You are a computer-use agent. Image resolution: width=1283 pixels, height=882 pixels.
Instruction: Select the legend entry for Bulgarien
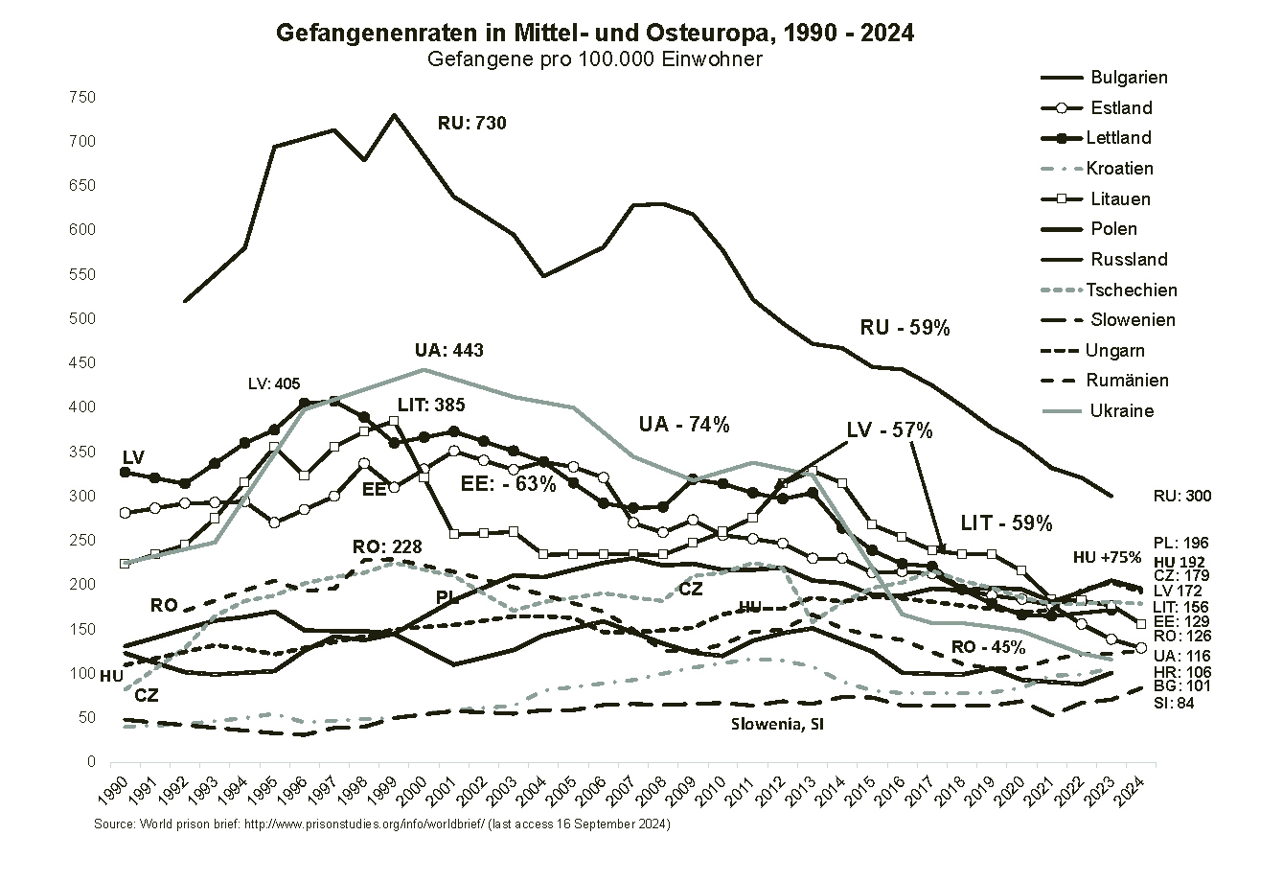pyautogui.click(x=1129, y=78)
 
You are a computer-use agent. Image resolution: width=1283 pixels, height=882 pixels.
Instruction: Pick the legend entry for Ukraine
pyautogui.click(x=1121, y=411)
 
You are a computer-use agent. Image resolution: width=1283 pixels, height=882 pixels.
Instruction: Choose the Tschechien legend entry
pyautogui.click(x=1131, y=290)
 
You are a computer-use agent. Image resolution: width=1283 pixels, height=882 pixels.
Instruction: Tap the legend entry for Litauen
pyautogui.click(x=1120, y=199)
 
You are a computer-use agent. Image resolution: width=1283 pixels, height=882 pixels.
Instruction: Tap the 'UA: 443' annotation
pyautogui.click(x=448, y=351)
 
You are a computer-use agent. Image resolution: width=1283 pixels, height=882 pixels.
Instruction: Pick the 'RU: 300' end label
pyautogui.click(x=1182, y=497)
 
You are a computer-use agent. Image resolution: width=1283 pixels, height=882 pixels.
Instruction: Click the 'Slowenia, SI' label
pyautogui.click(x=776, y=725)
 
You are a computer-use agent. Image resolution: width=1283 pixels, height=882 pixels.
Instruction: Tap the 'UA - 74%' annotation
pyautogui.click(x=684, y=425)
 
